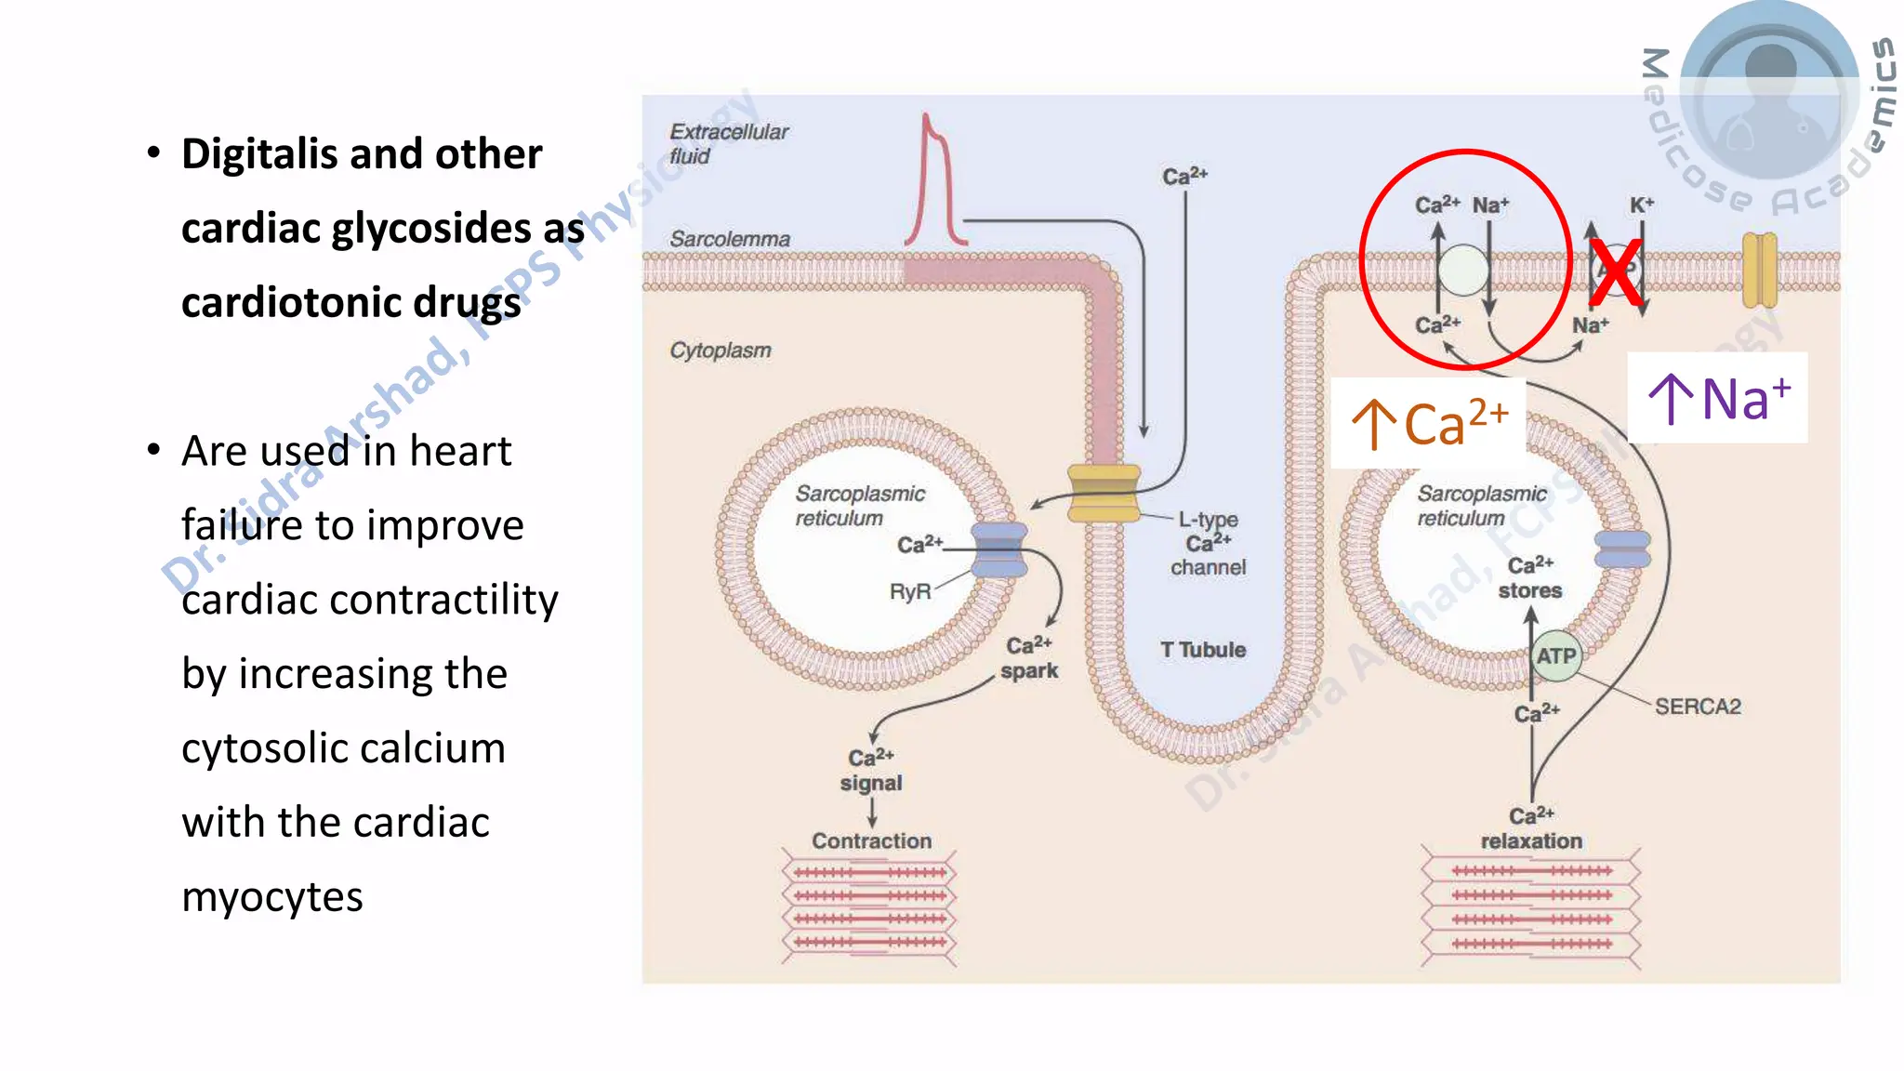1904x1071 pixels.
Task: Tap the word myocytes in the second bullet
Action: click(271, 897)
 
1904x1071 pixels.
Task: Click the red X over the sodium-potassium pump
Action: click(1616, 272)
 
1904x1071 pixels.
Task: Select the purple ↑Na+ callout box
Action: click(1718, 398)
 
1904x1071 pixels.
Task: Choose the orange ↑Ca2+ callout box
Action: click(1429, 423)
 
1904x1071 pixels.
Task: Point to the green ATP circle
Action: click(1555, 655)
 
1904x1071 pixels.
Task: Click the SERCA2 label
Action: click(1698, 707)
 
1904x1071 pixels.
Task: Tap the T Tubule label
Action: click(1203, 650)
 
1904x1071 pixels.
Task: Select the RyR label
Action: click(909, 591)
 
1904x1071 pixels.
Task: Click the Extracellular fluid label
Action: click(728, 143)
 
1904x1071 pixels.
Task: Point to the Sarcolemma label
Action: click(730, 239)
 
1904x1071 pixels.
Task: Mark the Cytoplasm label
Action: click(721, 350)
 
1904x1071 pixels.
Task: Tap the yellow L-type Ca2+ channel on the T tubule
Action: click(1104, 493)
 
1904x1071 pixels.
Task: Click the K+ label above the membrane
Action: click(1642, 205)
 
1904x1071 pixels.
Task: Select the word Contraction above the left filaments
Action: click(871, 840)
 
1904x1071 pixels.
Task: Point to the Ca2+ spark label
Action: click(1029, 657)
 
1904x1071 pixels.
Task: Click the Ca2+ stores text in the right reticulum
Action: click(1530, 577)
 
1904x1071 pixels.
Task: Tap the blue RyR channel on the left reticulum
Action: click(998, 549)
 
